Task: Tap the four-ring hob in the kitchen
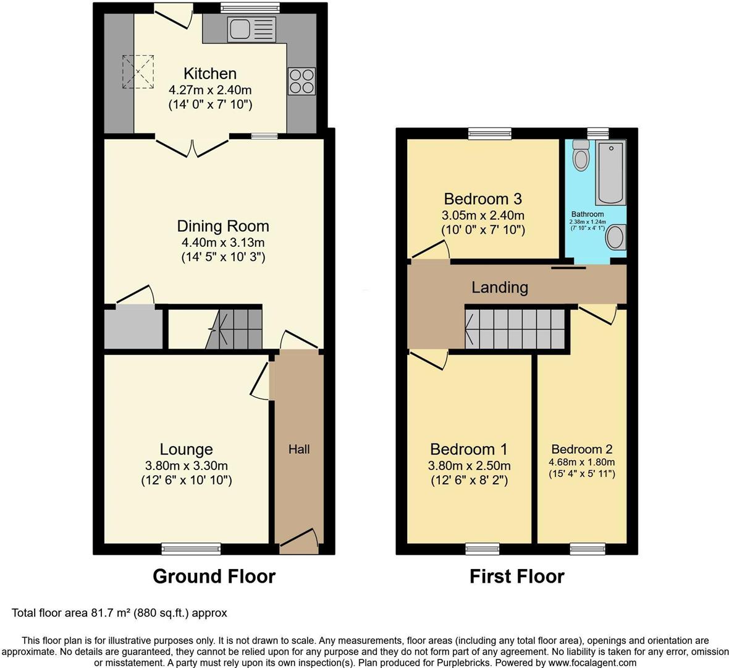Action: (301, 81)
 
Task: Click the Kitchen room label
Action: (210, 74)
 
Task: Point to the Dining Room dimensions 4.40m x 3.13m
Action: (223, 242)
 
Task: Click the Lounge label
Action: (186, 450)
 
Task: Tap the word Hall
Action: (299, 450)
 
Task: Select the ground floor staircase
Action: (235, 328)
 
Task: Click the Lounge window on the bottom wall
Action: (191, 548)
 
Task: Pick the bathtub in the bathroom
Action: (610, 173)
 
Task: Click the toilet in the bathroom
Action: (581, 155)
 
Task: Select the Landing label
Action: (500, 287)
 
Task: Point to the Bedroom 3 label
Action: (482, 199)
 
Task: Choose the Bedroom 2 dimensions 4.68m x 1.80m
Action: (581, 462)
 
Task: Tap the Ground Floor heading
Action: (214, 576)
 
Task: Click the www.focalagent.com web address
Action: (591, 662)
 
